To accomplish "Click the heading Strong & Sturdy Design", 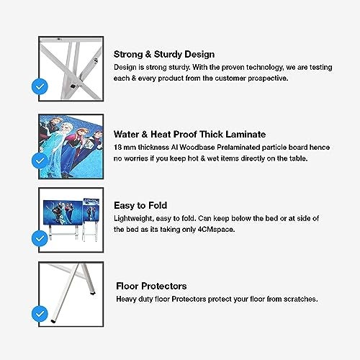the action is click(164, 55).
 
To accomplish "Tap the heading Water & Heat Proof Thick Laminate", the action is click(189, 135).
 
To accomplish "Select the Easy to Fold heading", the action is click(140, 205).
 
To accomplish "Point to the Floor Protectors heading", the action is click(151, 286).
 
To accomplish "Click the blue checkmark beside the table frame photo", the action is click(40, 86).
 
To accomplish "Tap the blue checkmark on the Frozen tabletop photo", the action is click(40, 161).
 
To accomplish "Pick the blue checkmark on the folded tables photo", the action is click(40, 238).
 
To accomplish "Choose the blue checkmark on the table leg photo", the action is click(40, 314).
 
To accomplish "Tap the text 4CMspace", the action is click(216, 230).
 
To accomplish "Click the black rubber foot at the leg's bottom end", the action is click(53, 321).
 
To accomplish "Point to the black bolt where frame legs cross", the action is click(73, 86).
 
